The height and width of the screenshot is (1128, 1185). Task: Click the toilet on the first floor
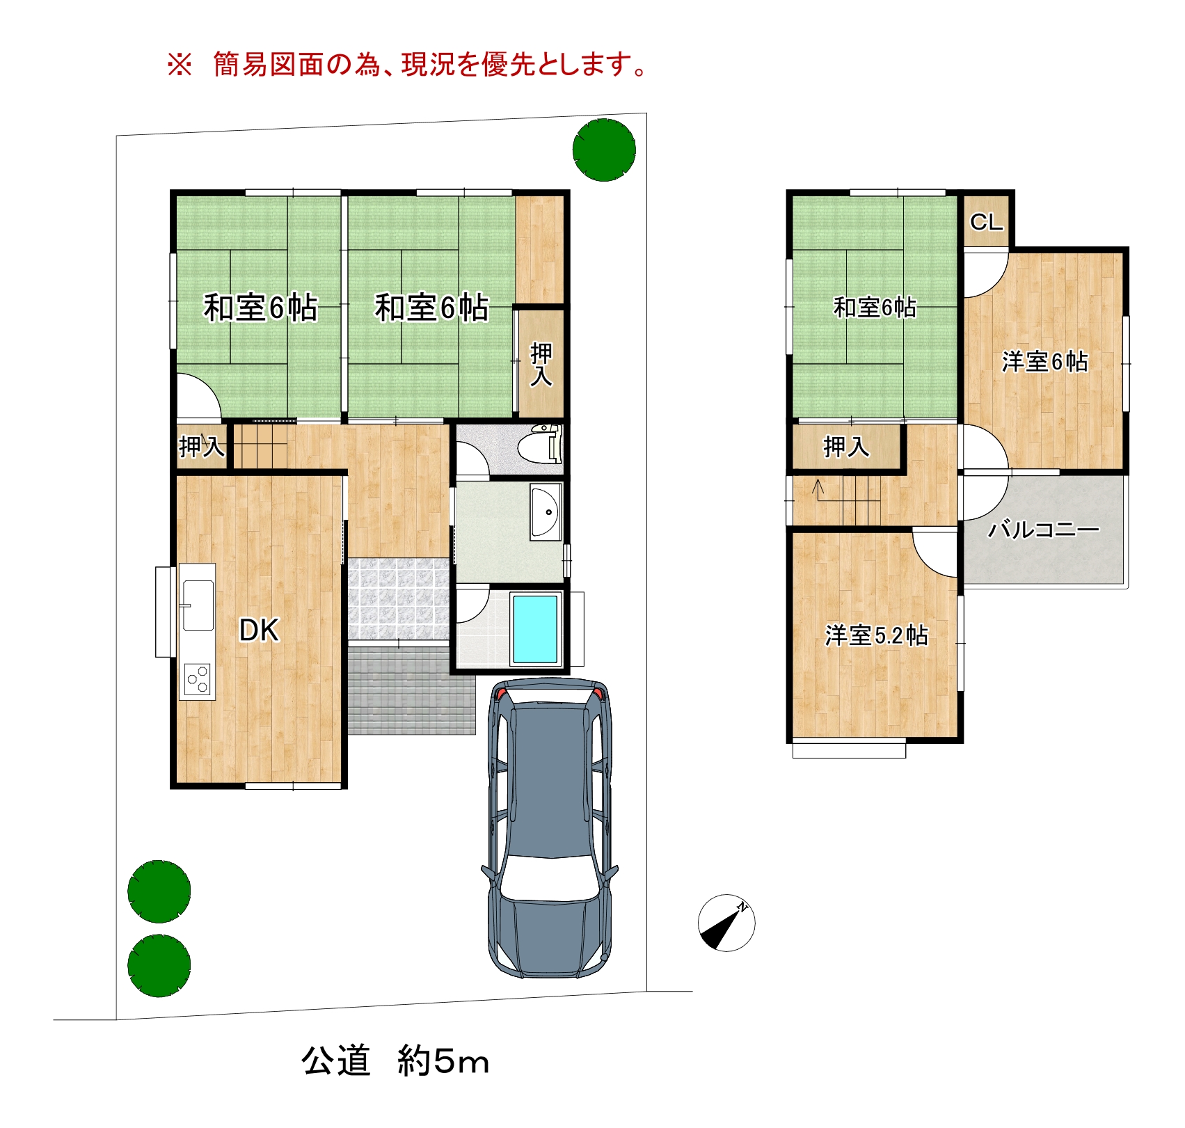540,443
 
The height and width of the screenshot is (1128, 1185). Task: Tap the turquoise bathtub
535,629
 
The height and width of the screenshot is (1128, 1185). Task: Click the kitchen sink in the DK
198,605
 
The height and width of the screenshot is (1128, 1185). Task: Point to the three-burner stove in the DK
198,678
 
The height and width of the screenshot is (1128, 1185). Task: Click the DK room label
259,630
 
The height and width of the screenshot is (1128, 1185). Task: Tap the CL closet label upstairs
987,222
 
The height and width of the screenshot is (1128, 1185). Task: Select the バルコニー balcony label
1044,530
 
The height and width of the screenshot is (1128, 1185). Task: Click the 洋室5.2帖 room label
876,635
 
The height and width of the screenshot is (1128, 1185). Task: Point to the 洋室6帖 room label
1044,362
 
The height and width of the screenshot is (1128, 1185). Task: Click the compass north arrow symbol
726,923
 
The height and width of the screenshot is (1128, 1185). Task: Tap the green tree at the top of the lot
604,150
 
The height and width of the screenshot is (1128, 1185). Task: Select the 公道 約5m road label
395,1061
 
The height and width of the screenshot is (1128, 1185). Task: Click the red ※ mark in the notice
179,65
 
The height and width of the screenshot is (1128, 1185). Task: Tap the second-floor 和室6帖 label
875,307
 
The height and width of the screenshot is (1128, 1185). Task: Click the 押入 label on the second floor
846,446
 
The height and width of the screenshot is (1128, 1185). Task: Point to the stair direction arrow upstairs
818,488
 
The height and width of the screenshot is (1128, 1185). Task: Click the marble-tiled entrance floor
398,599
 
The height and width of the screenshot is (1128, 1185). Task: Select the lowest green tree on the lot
159,966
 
